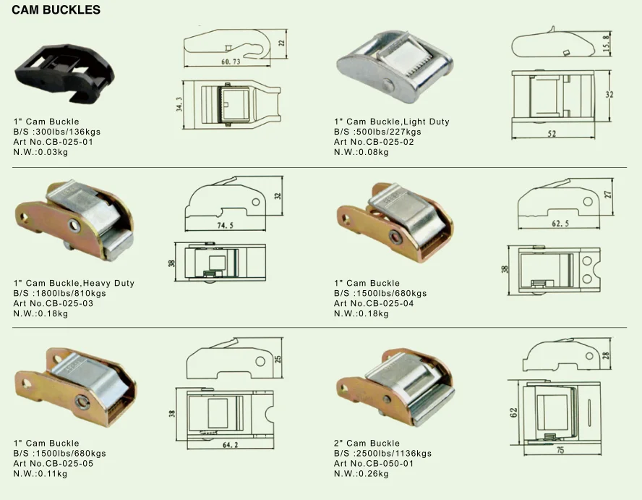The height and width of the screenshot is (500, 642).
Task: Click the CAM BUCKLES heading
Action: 56,10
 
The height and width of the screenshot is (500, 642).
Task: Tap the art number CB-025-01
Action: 54,142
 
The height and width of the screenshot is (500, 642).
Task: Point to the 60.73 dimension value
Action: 231,62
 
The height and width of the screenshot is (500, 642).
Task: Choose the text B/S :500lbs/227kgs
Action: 377,132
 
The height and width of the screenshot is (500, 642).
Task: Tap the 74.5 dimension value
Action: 229,225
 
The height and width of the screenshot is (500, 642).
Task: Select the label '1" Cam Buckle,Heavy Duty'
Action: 74,283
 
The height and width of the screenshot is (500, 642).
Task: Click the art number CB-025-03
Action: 54,303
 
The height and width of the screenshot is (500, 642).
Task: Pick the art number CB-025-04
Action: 374,303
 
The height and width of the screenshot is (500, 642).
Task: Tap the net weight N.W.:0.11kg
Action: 40,474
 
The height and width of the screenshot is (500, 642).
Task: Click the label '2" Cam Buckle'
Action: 367,443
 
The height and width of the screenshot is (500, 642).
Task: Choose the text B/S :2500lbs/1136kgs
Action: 383,453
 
